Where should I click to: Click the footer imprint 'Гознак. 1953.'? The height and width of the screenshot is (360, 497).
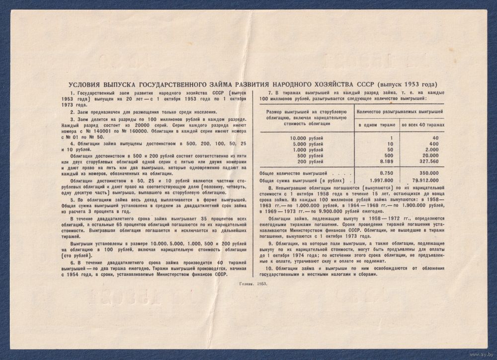(253, 283)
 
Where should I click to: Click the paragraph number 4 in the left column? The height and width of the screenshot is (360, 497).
(72, 143)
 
